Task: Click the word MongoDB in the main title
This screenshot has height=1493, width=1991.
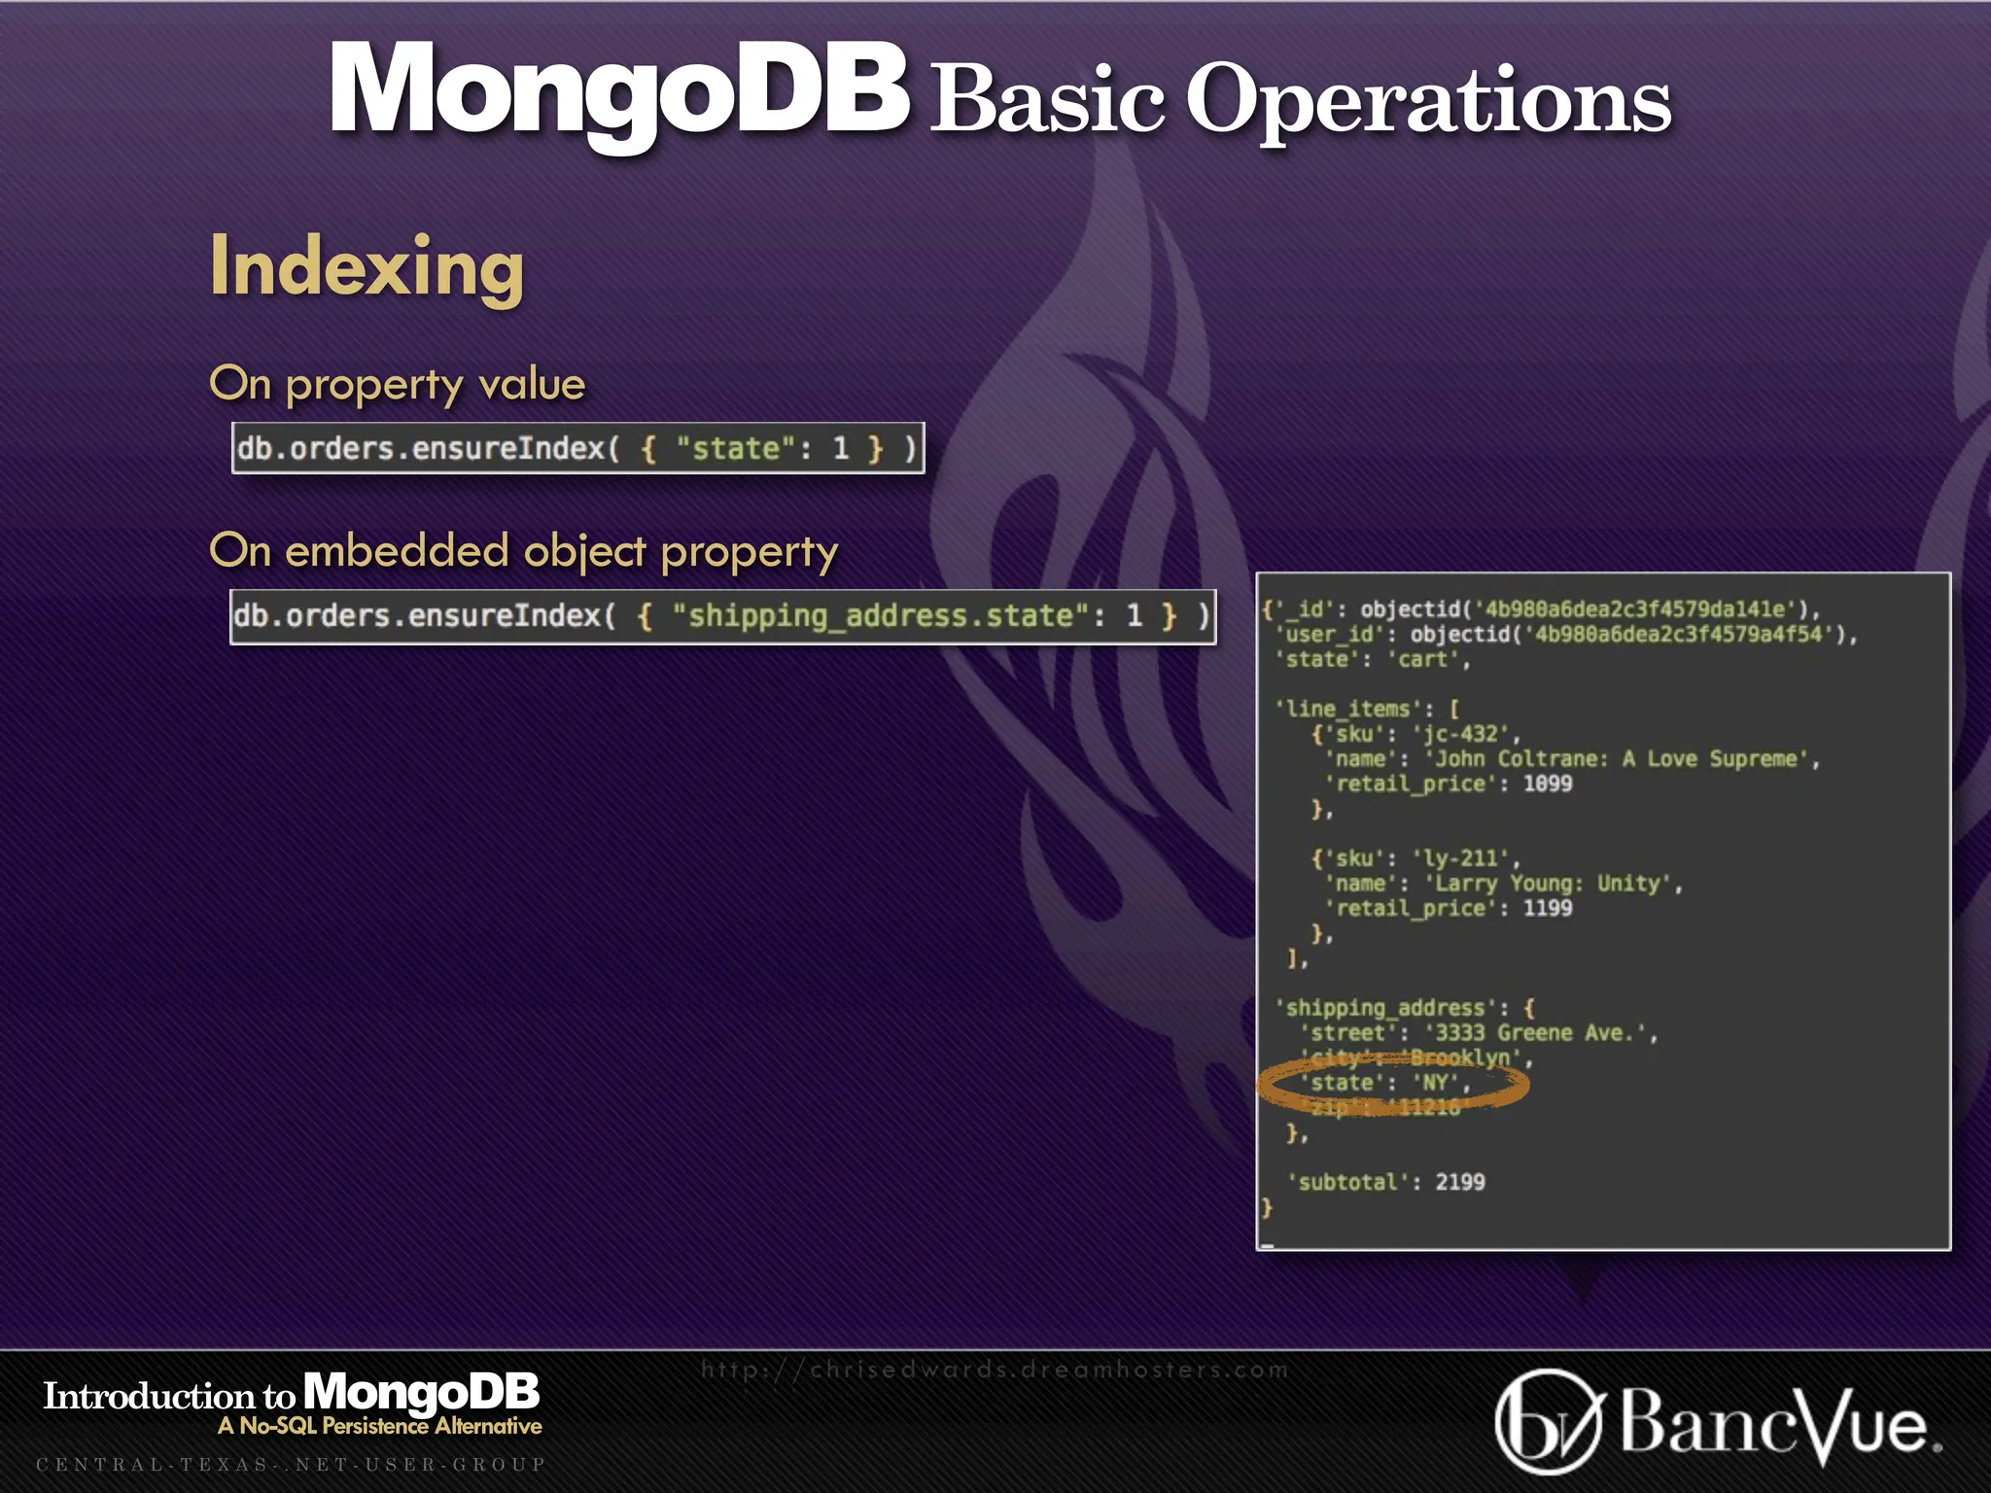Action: tap(618, 92)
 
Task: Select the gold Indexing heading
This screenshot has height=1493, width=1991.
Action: tap(367, 267)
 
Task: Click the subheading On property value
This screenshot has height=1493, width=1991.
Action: tap(397, 385)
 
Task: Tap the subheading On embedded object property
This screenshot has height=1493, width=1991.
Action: tap(523, 551)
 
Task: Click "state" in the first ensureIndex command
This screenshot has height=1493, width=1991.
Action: tap(729, 449)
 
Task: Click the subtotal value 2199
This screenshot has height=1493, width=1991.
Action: tap(1460, 1183)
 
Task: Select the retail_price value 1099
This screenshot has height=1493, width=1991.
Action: tap(1547, 783)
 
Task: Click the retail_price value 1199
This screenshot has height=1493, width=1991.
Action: tap(1547, 908)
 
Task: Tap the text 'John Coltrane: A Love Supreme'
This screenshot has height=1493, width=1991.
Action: tap(1622, 759)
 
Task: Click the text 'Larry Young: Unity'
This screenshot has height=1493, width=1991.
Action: tap(1553, 884)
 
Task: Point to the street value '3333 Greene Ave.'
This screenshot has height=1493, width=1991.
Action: tap(1540, 1033)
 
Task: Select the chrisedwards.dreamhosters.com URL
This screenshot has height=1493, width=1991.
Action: tap(995, 1371)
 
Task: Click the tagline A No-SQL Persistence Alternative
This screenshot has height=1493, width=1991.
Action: tap(380, 1426)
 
